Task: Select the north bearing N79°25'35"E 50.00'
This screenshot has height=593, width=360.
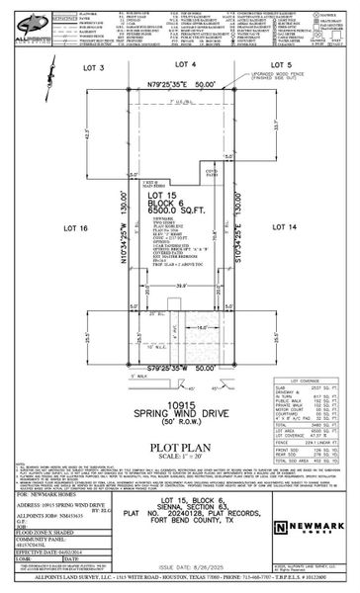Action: [x=179, y=86]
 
